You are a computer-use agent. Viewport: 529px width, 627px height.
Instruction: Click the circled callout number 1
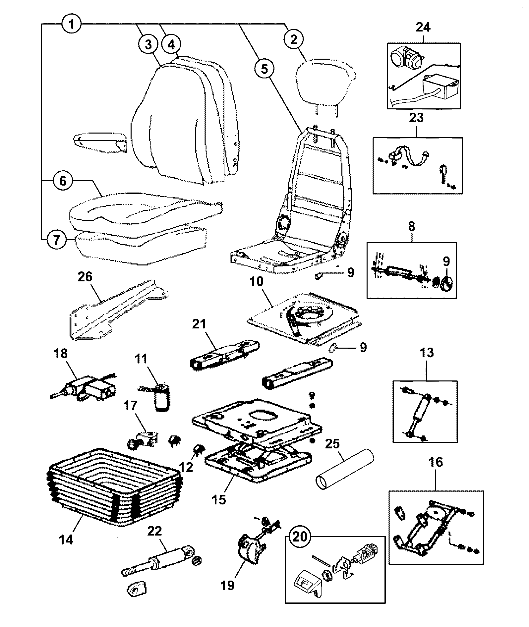pyautogui.click(x=72, y=24)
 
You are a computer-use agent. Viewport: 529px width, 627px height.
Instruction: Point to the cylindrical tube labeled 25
pyautogui.click(x=345, y=470)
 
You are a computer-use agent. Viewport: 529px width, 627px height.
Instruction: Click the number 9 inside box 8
pyautogui.click(x=446, y=262)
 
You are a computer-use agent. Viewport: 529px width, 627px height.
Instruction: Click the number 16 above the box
pyautogui.click(x=436, y=462)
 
